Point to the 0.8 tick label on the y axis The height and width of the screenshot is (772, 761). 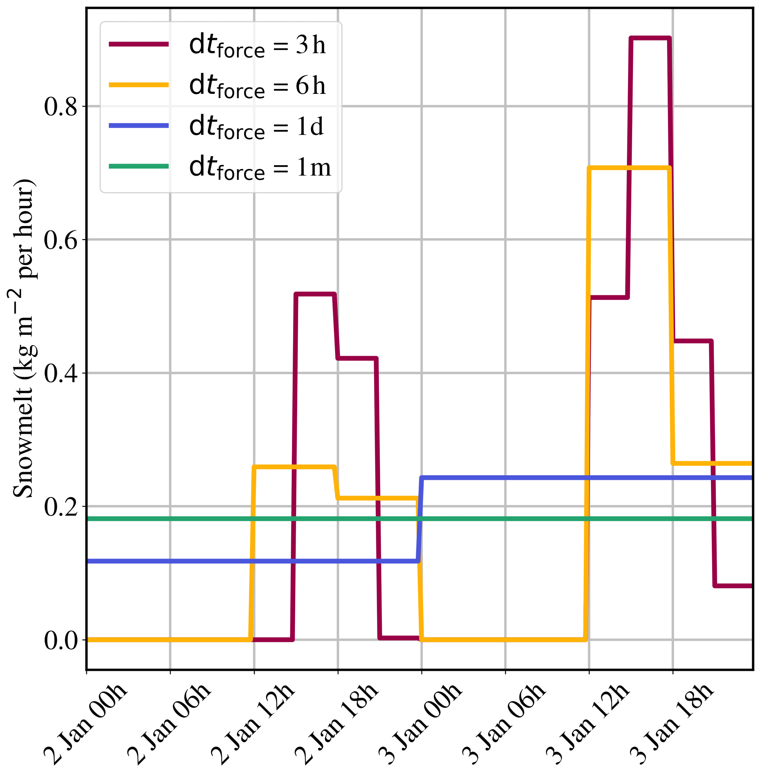click(x=60, y=107)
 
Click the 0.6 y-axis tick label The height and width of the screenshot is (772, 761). click(x=60, y=240)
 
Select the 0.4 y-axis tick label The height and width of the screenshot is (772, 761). click(x=60, y=374)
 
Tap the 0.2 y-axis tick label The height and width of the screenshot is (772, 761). click(x=60, y=507)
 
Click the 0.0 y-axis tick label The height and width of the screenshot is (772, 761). click(x=60, y=641)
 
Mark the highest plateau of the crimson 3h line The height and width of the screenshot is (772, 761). click(x=650, y=38)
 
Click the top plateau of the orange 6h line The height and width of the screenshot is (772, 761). click(x=629, y=168)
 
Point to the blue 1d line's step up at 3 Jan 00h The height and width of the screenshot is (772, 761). click(x=420, y=519)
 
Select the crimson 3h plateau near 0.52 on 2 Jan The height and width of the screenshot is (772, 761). click(x=315, y=294)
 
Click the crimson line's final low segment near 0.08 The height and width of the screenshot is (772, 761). click(x=733, y=586)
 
